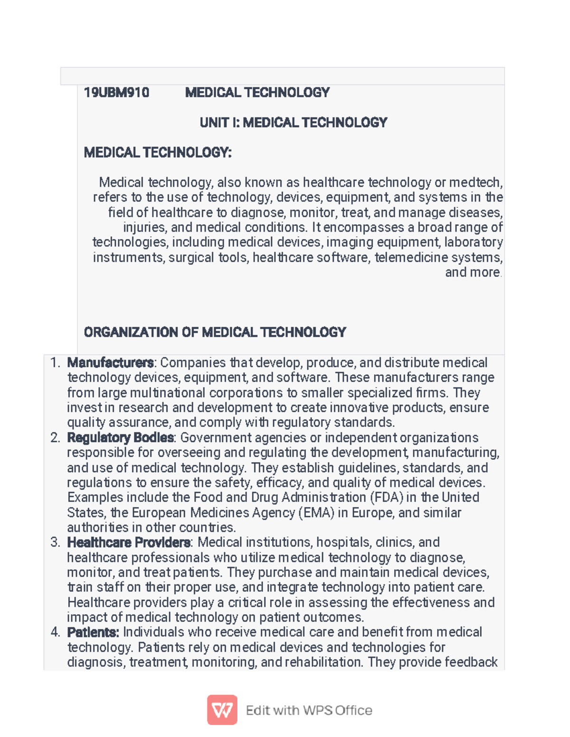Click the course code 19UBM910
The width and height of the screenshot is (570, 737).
tap(116, 93)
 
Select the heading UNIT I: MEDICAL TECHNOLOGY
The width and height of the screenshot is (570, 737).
tap(293, 123)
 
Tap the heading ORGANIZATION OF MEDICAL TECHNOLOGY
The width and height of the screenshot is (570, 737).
tap(215, 332)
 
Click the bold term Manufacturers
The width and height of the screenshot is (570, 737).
tap(110, 363)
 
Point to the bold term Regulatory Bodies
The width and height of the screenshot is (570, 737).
tap(121, 438)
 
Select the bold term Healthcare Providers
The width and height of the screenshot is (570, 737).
tap(129, 542)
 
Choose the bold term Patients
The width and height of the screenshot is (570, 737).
tap(93, 633)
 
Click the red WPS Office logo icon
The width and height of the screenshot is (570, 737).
tap(222, 710)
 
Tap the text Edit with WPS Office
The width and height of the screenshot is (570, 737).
tap(309, 710)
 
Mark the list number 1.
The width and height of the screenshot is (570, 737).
tap(55, 363)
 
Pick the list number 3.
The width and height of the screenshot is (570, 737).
tap(55, 542)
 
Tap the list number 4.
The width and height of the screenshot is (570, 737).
tap(55, 633)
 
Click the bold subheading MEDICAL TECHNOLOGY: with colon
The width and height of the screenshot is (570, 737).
tap(158, 153)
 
